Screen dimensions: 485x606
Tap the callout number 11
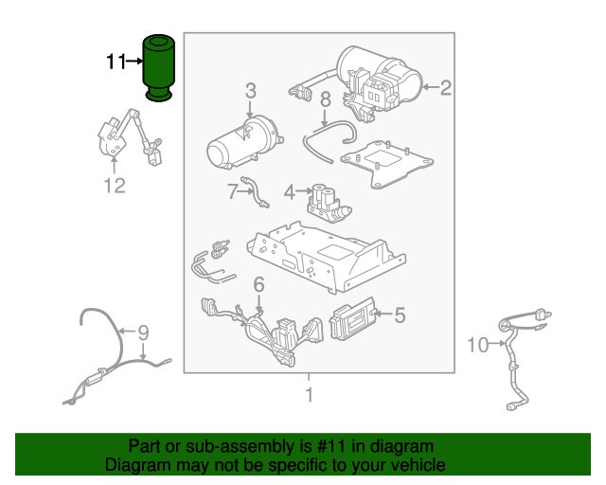(116, 63)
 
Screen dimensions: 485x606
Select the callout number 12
(114, 186)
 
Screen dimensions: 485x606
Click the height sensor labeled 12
(128, 136)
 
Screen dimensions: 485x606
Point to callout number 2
(444, 88)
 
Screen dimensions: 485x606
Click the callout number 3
(250, 91)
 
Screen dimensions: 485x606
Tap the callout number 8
(324, 99)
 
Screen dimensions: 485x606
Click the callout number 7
(231, 192)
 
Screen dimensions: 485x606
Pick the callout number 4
(291, 192)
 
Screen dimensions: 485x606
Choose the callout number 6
(258, 285)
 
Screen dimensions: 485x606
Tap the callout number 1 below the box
(308, 393)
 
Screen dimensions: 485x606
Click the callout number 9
(144, 332)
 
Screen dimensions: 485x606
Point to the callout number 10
(477, 343)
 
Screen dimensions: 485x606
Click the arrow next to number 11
(134, 63)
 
